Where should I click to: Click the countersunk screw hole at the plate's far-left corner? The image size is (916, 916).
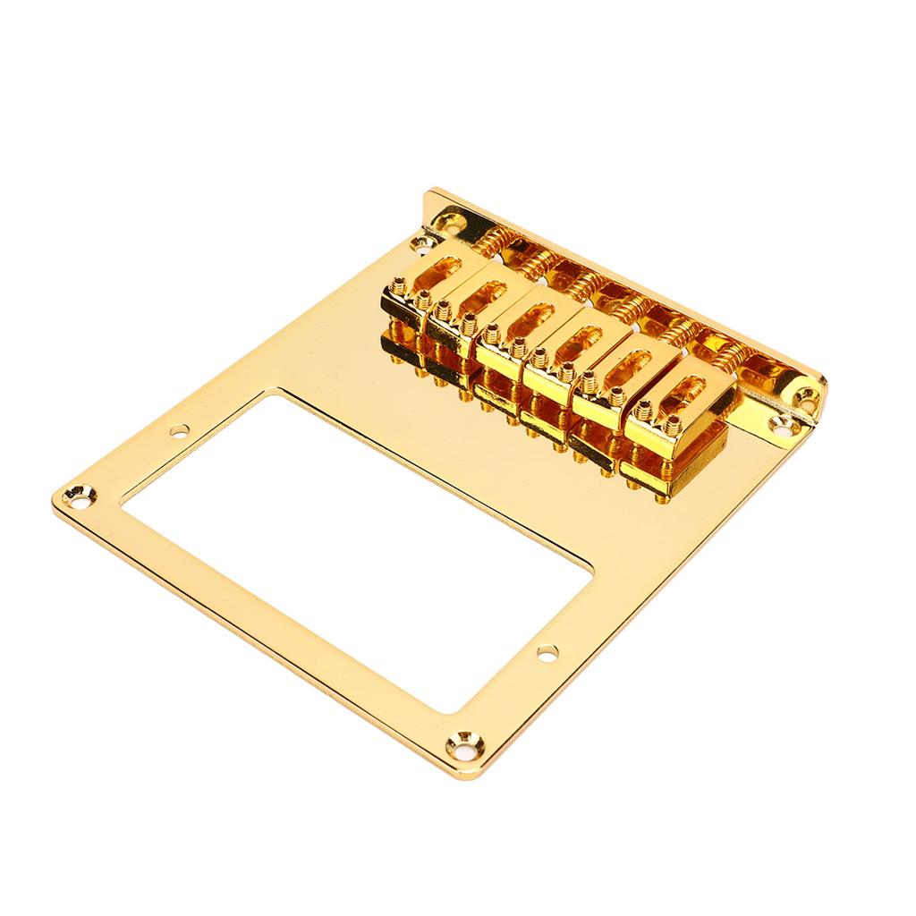tap(74, 493)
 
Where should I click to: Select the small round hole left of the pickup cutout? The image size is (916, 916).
tap(179, 429)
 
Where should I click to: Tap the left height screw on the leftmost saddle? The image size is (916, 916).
tap(397, 288)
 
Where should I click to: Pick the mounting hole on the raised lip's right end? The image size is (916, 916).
tap(802, 394)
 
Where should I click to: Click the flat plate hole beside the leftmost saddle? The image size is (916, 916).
tap(417, 242)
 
